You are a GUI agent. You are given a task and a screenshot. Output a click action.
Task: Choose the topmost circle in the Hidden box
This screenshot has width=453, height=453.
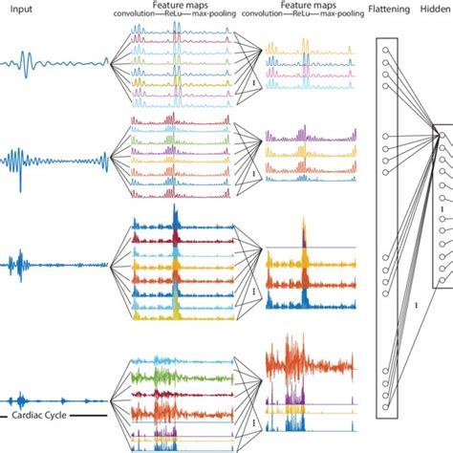click(442, 137)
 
